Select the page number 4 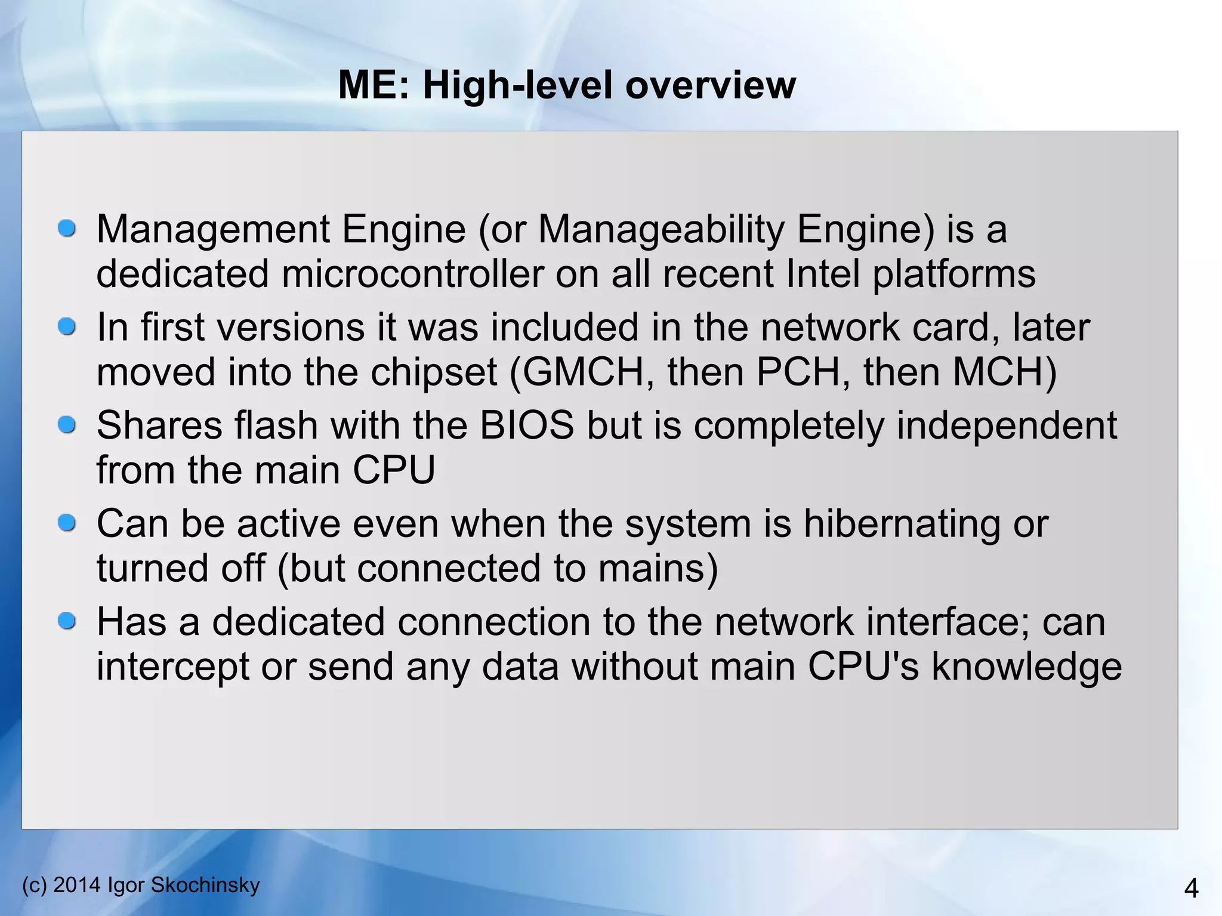(x=1190, y=889)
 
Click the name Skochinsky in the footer (x=205, y=885)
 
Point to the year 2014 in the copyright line (x=77, y=885)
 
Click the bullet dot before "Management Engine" (x=67, y=229)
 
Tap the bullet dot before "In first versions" (x=67, y=327)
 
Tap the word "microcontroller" (x=412, y=275)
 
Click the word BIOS (x=527, y=426)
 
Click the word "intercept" (x=172, y=667)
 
